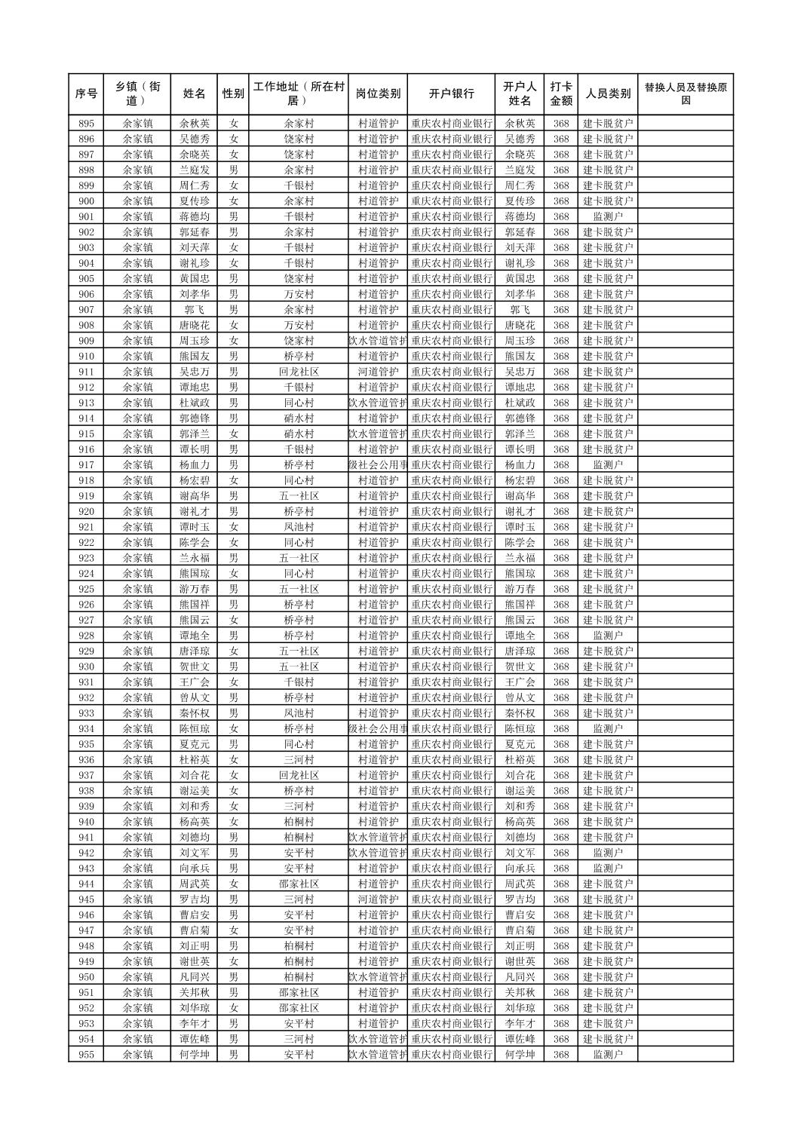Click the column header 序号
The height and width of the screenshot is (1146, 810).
click(x=86, y=94)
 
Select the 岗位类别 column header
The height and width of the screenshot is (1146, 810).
click(x=378, y=94)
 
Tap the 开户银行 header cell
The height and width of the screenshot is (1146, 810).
click(x=451, y=94)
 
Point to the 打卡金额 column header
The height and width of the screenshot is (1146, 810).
click(x=560, y=94)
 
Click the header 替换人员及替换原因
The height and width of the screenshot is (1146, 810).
click(x=685, y=94)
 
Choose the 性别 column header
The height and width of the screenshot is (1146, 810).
click(x=233, y=94)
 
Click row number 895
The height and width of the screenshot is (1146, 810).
click(x=86, y=124)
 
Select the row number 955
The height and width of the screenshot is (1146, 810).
click(x=86, y=1054)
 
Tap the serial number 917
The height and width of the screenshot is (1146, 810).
click(x=86, y=465)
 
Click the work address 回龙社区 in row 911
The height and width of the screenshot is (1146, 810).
click(x=299, y=372)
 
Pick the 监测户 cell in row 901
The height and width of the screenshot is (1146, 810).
click(x=607, y=217)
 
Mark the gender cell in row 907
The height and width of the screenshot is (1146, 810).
click(x=233, y=310)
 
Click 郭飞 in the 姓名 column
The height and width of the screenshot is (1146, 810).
click(x=194, y=310)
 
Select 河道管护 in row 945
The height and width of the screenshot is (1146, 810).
click(x=378, y=899)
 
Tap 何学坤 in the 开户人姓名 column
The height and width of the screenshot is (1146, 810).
click(x=520, y=1054)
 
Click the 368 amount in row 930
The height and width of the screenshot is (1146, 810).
click(x=560, y=666)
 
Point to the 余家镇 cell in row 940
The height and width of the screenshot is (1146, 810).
click(x=138, y=822)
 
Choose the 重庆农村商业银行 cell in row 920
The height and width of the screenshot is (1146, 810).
click(x=451, y=511)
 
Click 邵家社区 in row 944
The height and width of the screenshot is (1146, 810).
click(x=299, y=884)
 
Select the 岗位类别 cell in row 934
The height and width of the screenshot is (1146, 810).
click(x=378, y=728)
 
